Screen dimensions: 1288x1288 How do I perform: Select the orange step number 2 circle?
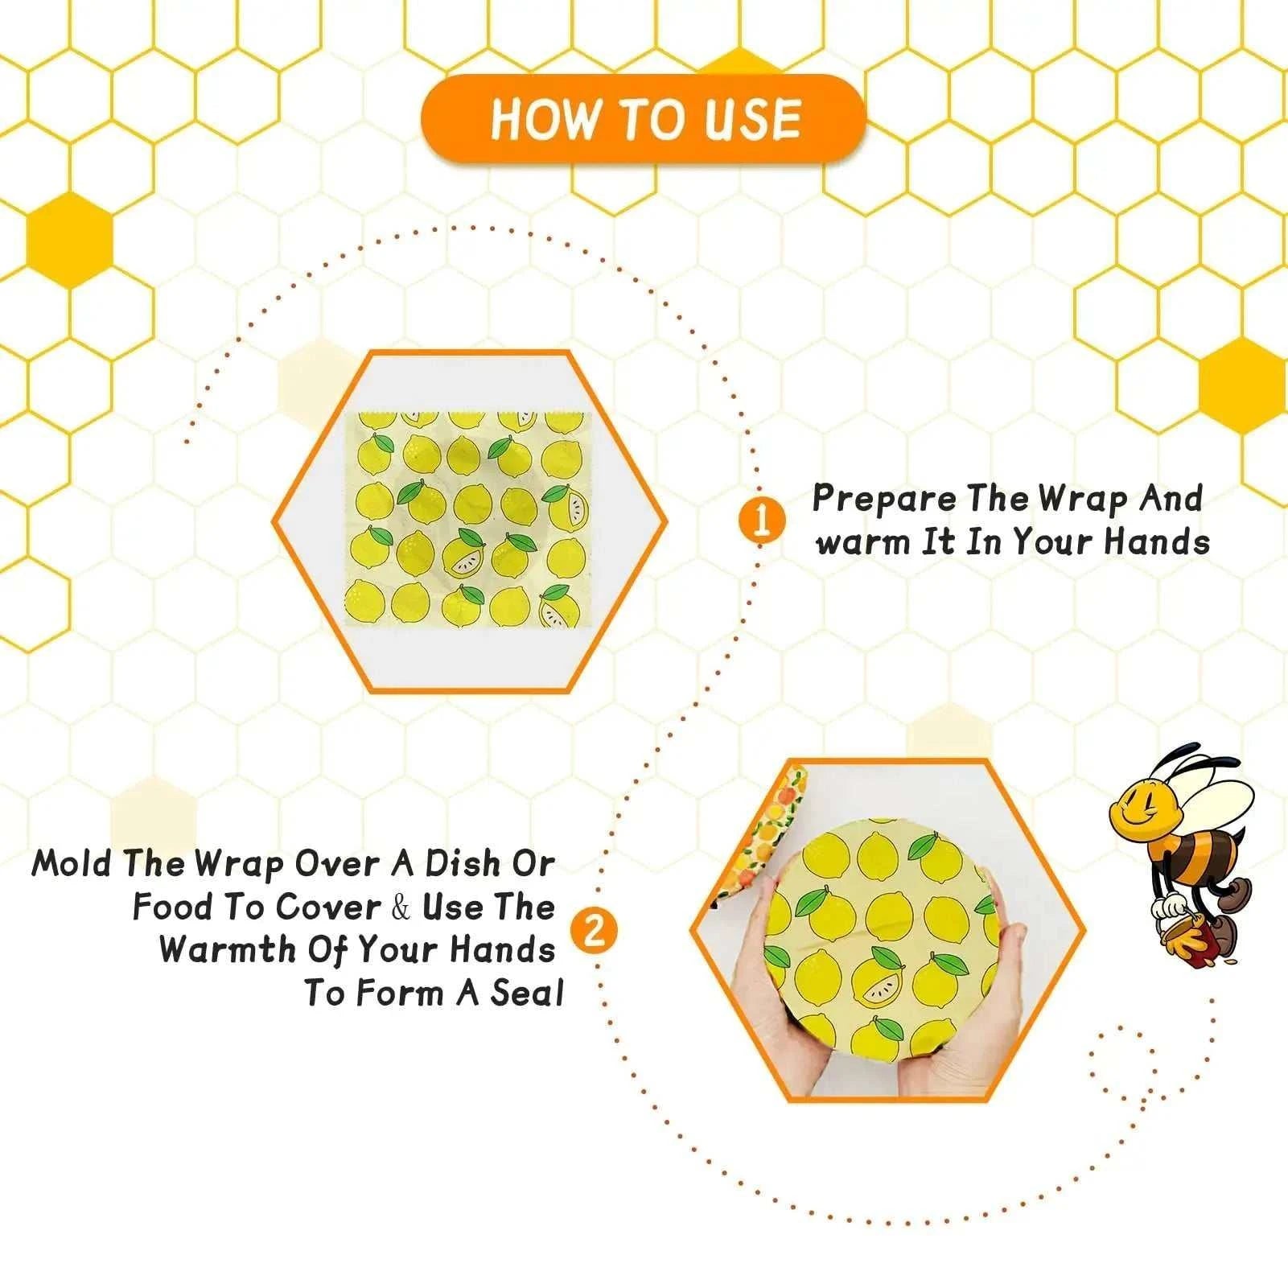coord(594,932)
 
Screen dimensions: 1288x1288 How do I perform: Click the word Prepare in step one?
coord(884,500)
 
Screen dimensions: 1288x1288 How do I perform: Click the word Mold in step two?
coord(74,865)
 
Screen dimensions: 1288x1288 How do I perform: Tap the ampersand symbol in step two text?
coord(401,907)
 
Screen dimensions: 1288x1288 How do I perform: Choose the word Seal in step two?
coord(527,994)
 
